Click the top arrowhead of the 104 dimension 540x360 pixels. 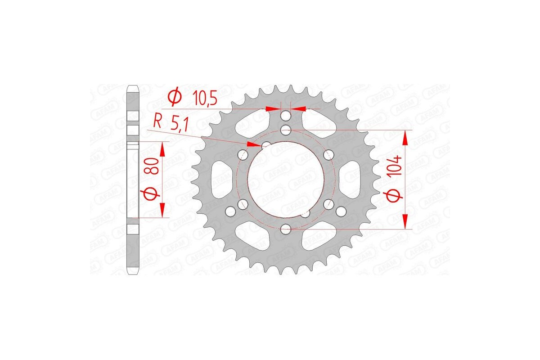pos(406,137)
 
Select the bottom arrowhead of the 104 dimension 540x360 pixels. pos(406,222)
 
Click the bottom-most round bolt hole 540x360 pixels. pos(285,230)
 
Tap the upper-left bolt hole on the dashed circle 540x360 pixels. pos(243,155)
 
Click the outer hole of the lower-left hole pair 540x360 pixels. pos(231,210)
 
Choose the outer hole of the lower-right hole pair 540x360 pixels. pos(340,210)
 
